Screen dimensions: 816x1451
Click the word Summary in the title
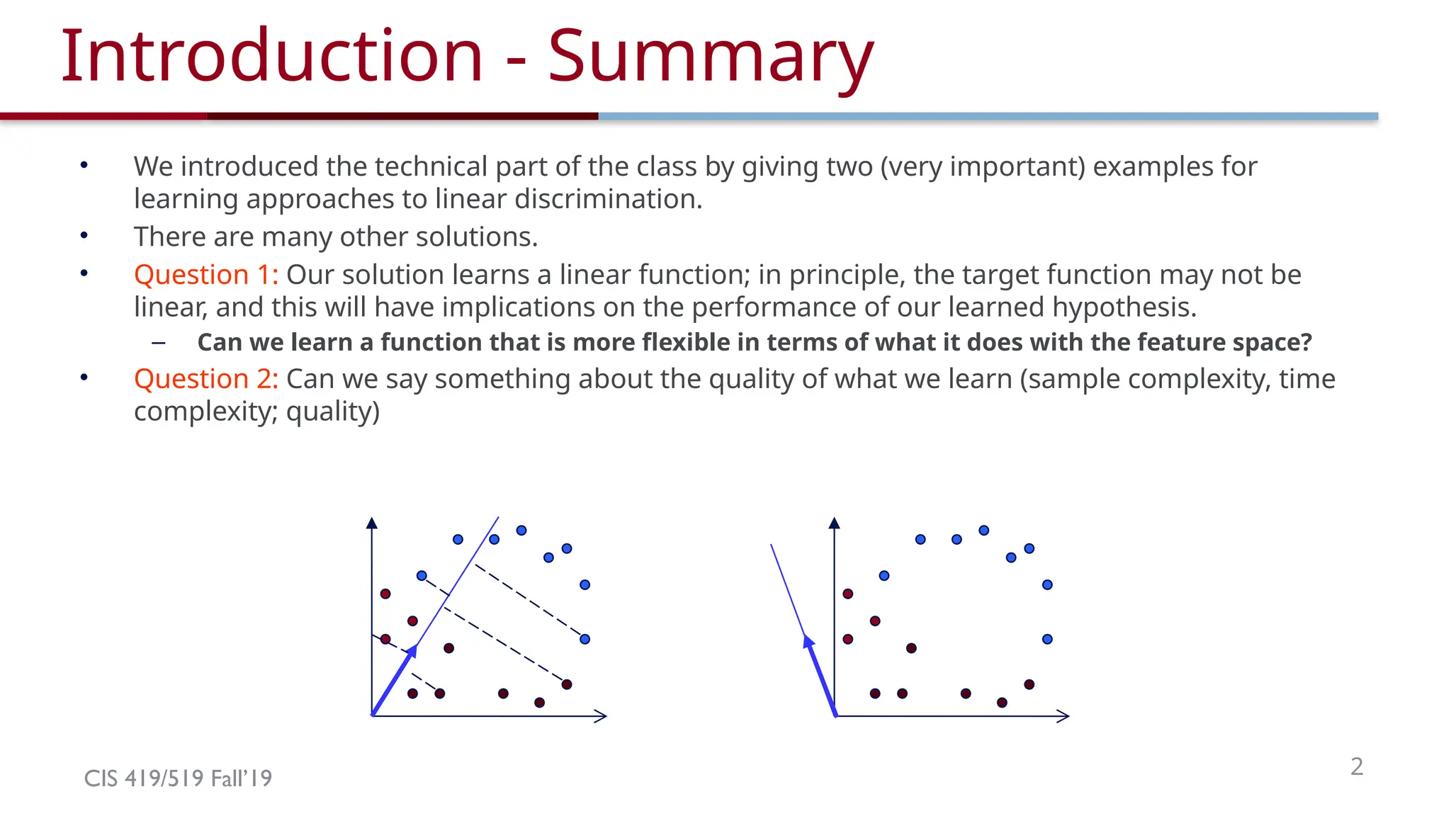tap(710, 57)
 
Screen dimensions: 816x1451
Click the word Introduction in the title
tap(271, 57)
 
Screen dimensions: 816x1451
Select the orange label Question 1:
tap(206, 275)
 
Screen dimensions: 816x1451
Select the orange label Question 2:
tap(206, 379)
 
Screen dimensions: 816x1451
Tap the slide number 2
tap(1356, 766)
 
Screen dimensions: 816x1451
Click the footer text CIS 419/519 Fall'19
tap(178, 778)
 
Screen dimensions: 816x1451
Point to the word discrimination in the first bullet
tap(604, 200)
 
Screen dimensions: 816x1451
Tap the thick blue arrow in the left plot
tap(393, 681)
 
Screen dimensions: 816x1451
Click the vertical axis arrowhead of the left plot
tap(371, 523)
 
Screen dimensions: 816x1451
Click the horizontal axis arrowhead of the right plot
tap(1062, 716)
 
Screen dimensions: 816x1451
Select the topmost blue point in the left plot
tap(521, 531)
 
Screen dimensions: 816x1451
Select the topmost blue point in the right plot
tap(983, 531)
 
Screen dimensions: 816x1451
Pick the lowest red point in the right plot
tap(1002, 703)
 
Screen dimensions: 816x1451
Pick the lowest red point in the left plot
tap(539, 703)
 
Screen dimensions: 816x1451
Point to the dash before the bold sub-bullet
tap(159, 344)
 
